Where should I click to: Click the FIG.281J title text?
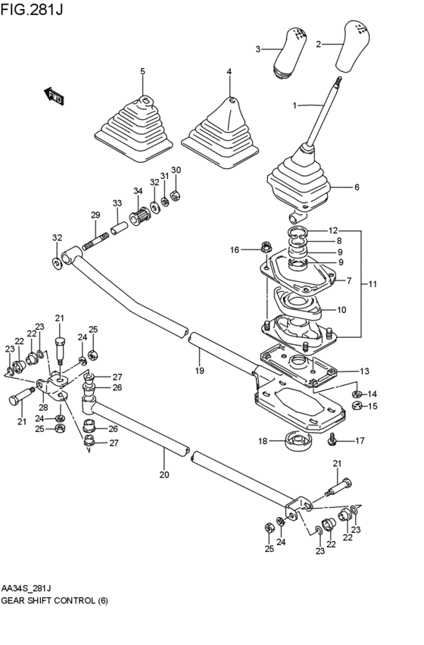[x=32, y=9]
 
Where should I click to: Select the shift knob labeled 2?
[x=354, y=46]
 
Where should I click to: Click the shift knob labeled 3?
[x=290, y=52]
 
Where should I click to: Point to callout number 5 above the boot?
[x=142, y=71]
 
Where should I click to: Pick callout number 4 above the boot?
[x=229, y=71]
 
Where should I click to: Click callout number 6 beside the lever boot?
[x=357, y=187]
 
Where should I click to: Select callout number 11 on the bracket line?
[x=373, y=283]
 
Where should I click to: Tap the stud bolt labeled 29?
[x=96, y=241]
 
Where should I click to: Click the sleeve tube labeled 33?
[x=119, y=227]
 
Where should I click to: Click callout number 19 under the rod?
[x=199, y=371]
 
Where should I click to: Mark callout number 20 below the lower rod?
[x=164, y=474]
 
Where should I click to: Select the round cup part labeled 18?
[x=298, y=440]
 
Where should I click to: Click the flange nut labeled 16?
[x=265, y=247]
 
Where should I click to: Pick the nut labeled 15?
[x=357, y=406]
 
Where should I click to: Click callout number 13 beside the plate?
[x=364, y=371]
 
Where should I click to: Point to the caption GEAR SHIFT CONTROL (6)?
[x=55, y=600]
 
